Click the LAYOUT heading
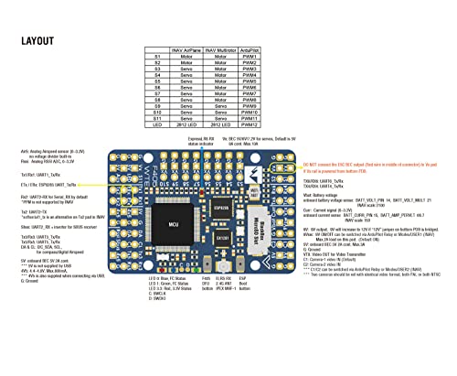tap(43, 41)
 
